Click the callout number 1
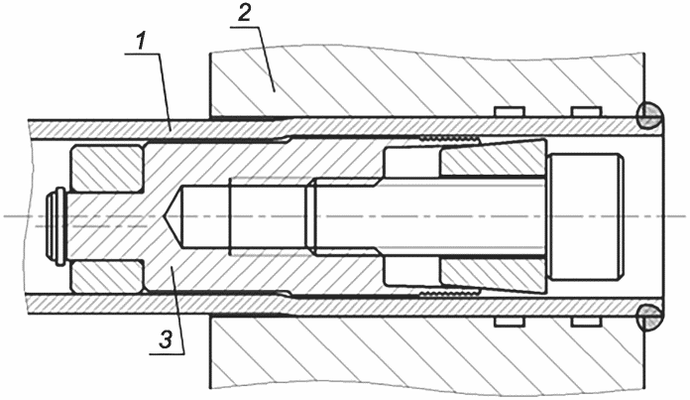point(140,43)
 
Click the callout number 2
point(244,14)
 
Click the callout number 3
point(166,340)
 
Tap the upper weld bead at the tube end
point(649,116)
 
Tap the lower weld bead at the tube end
point(649,317)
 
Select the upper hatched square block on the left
point(106,169)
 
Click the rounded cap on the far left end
point(56,226)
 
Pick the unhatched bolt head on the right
point(585,215)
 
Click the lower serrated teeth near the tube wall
point(449,294)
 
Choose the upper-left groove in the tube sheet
point(510,112)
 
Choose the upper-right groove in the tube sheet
point(586,112)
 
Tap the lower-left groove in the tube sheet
point(510,322)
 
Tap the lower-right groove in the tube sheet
point(586,322)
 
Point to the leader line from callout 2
point(267,59)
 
